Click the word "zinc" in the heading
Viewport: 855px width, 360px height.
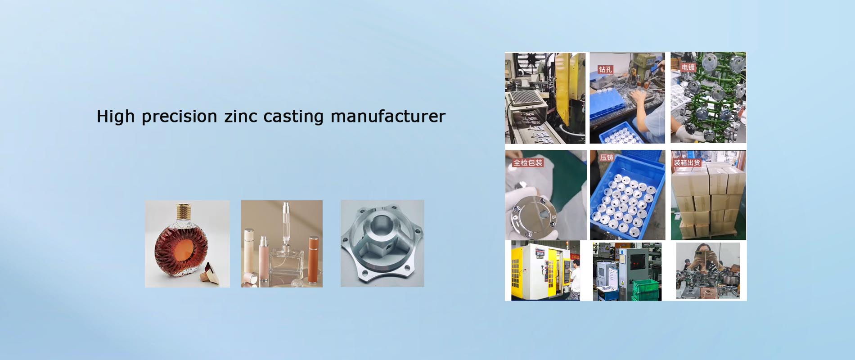click(x=241, y=116)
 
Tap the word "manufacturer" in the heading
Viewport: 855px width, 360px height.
click(x=388, y=116)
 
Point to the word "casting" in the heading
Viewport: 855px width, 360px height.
click(x=293, y=117)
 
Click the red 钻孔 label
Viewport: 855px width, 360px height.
click(x=605, y=69)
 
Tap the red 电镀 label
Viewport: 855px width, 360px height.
click(x=688, y=67)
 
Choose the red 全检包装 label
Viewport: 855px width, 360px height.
click(x=528, y=162)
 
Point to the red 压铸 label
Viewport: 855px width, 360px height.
click(x=607, y=157)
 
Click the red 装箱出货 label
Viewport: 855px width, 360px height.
click(x=687, y=162)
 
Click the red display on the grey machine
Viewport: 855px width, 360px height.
click(x=637, y=260)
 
